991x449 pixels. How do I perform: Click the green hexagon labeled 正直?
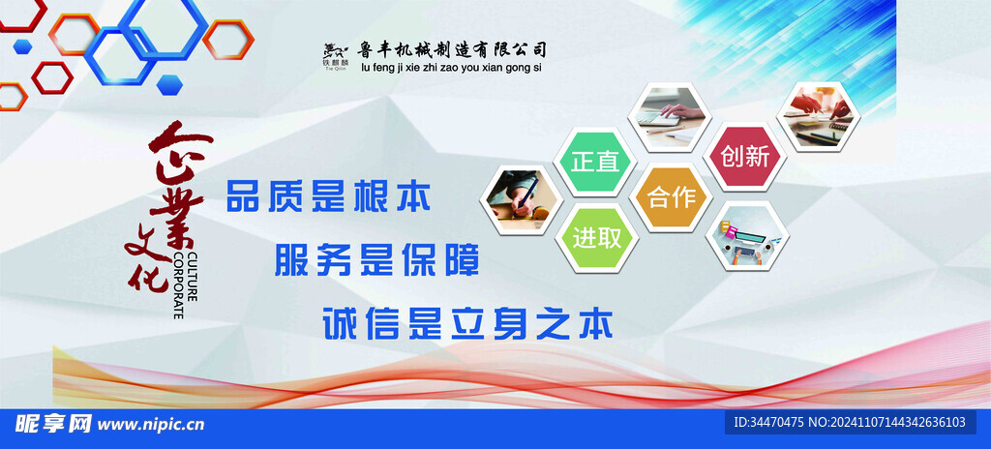(x=594, y=162)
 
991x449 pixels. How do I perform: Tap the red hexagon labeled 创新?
(x=744, y=156)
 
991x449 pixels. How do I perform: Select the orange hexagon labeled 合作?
(x=671, y=197)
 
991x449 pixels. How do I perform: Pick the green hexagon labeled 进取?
(x=596, y=237)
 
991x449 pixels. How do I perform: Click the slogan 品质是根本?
(x=327, y=196)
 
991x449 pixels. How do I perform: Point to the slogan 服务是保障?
(x=376, y=259)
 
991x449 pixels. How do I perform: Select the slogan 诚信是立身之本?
(x=468, y=322)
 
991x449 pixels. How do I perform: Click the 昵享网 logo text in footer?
(x=54, y=424)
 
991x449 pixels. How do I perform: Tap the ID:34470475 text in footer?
(x=769, y=423)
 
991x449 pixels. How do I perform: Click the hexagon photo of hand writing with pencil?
(x=523, y=199)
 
